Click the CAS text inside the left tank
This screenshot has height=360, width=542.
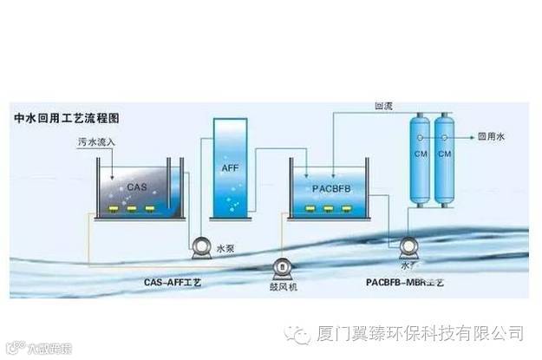coord(138,185)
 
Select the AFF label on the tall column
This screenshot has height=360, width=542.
coord(229,164)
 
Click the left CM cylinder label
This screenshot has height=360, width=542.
coord(420,154)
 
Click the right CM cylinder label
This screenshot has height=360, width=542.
coord(445,154)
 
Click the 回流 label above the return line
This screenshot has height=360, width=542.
coord(383,106)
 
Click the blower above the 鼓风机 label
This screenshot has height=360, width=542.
coord(282,268)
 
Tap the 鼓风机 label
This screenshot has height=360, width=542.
coord(283,286)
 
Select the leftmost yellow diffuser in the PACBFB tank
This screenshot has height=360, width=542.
coord(310,209)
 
